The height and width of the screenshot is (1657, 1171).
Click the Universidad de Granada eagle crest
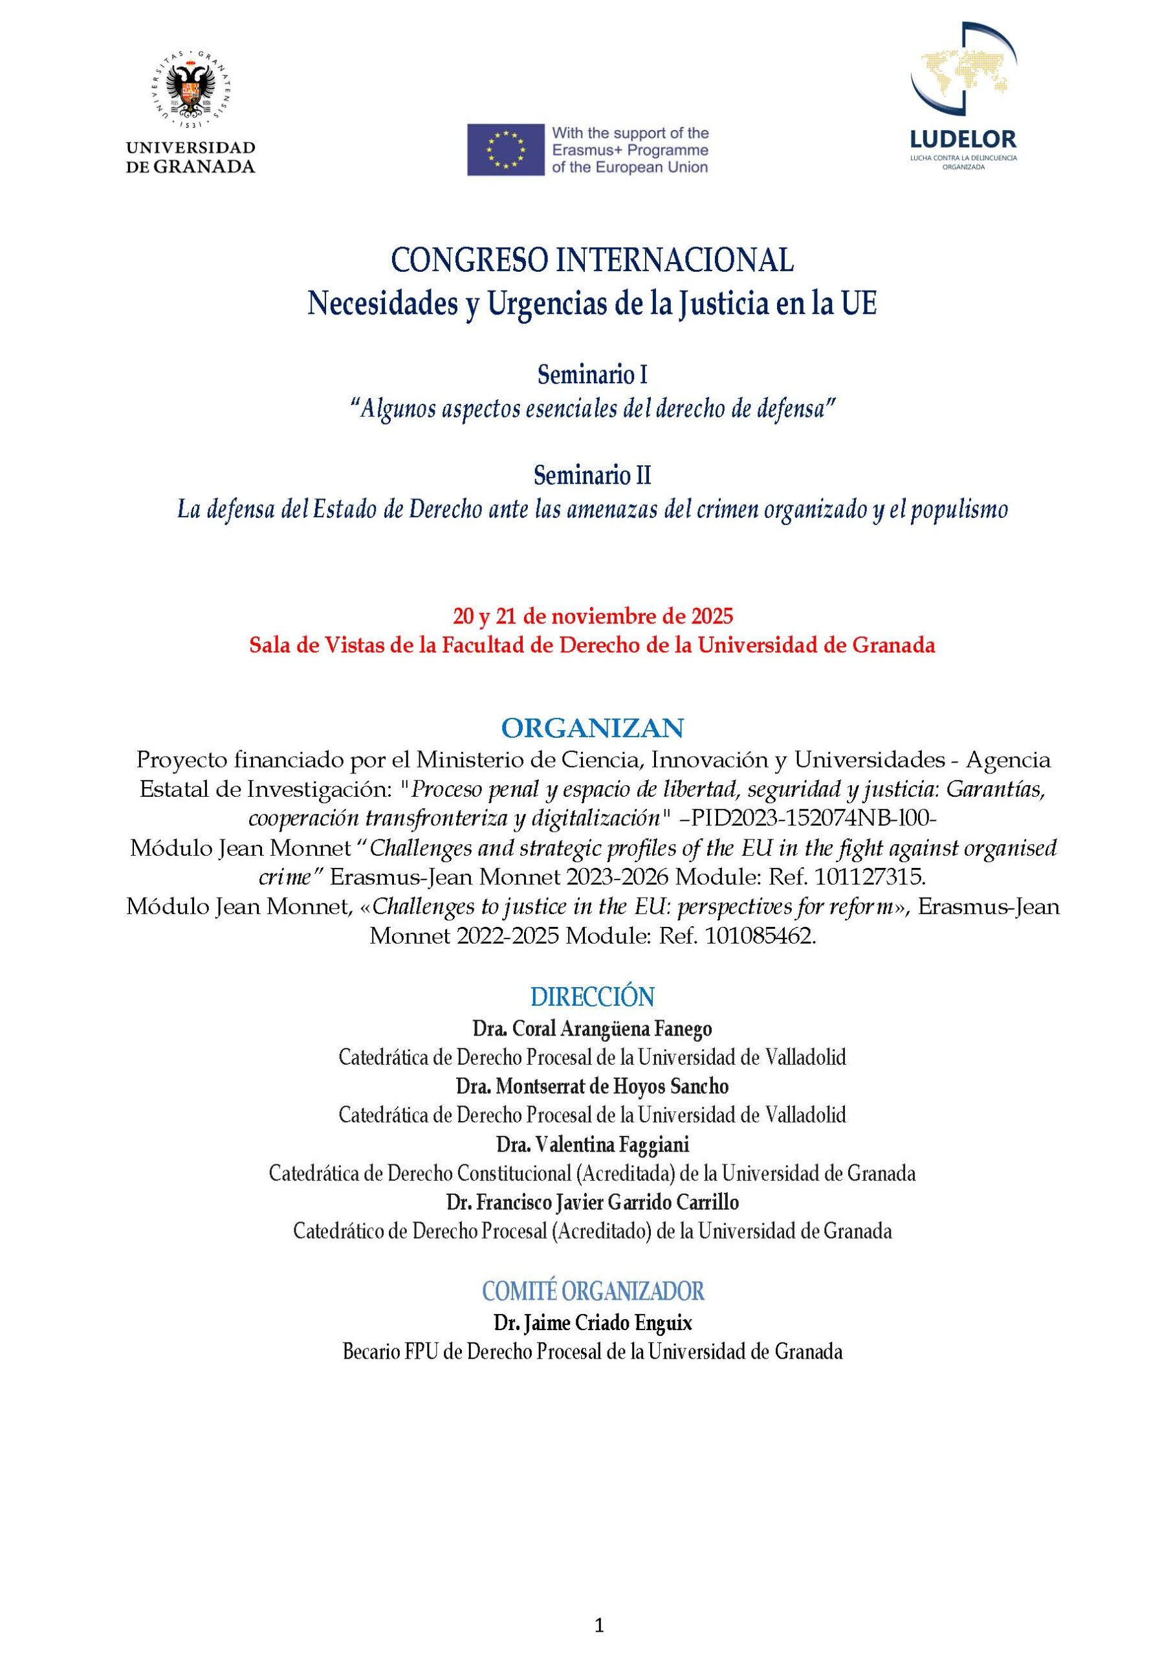[x=190, y=89]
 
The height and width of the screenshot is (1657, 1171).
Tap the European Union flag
[x=505, y=150]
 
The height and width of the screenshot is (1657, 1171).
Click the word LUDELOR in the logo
[x=963, y=139]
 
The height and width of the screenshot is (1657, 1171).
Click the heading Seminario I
[x=591, y=375]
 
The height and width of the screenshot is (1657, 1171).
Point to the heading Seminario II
[x=591, y=476]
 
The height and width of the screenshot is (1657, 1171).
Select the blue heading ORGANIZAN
[x=591, y=728]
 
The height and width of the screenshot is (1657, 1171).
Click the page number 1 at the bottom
[x=598, y=1619]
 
